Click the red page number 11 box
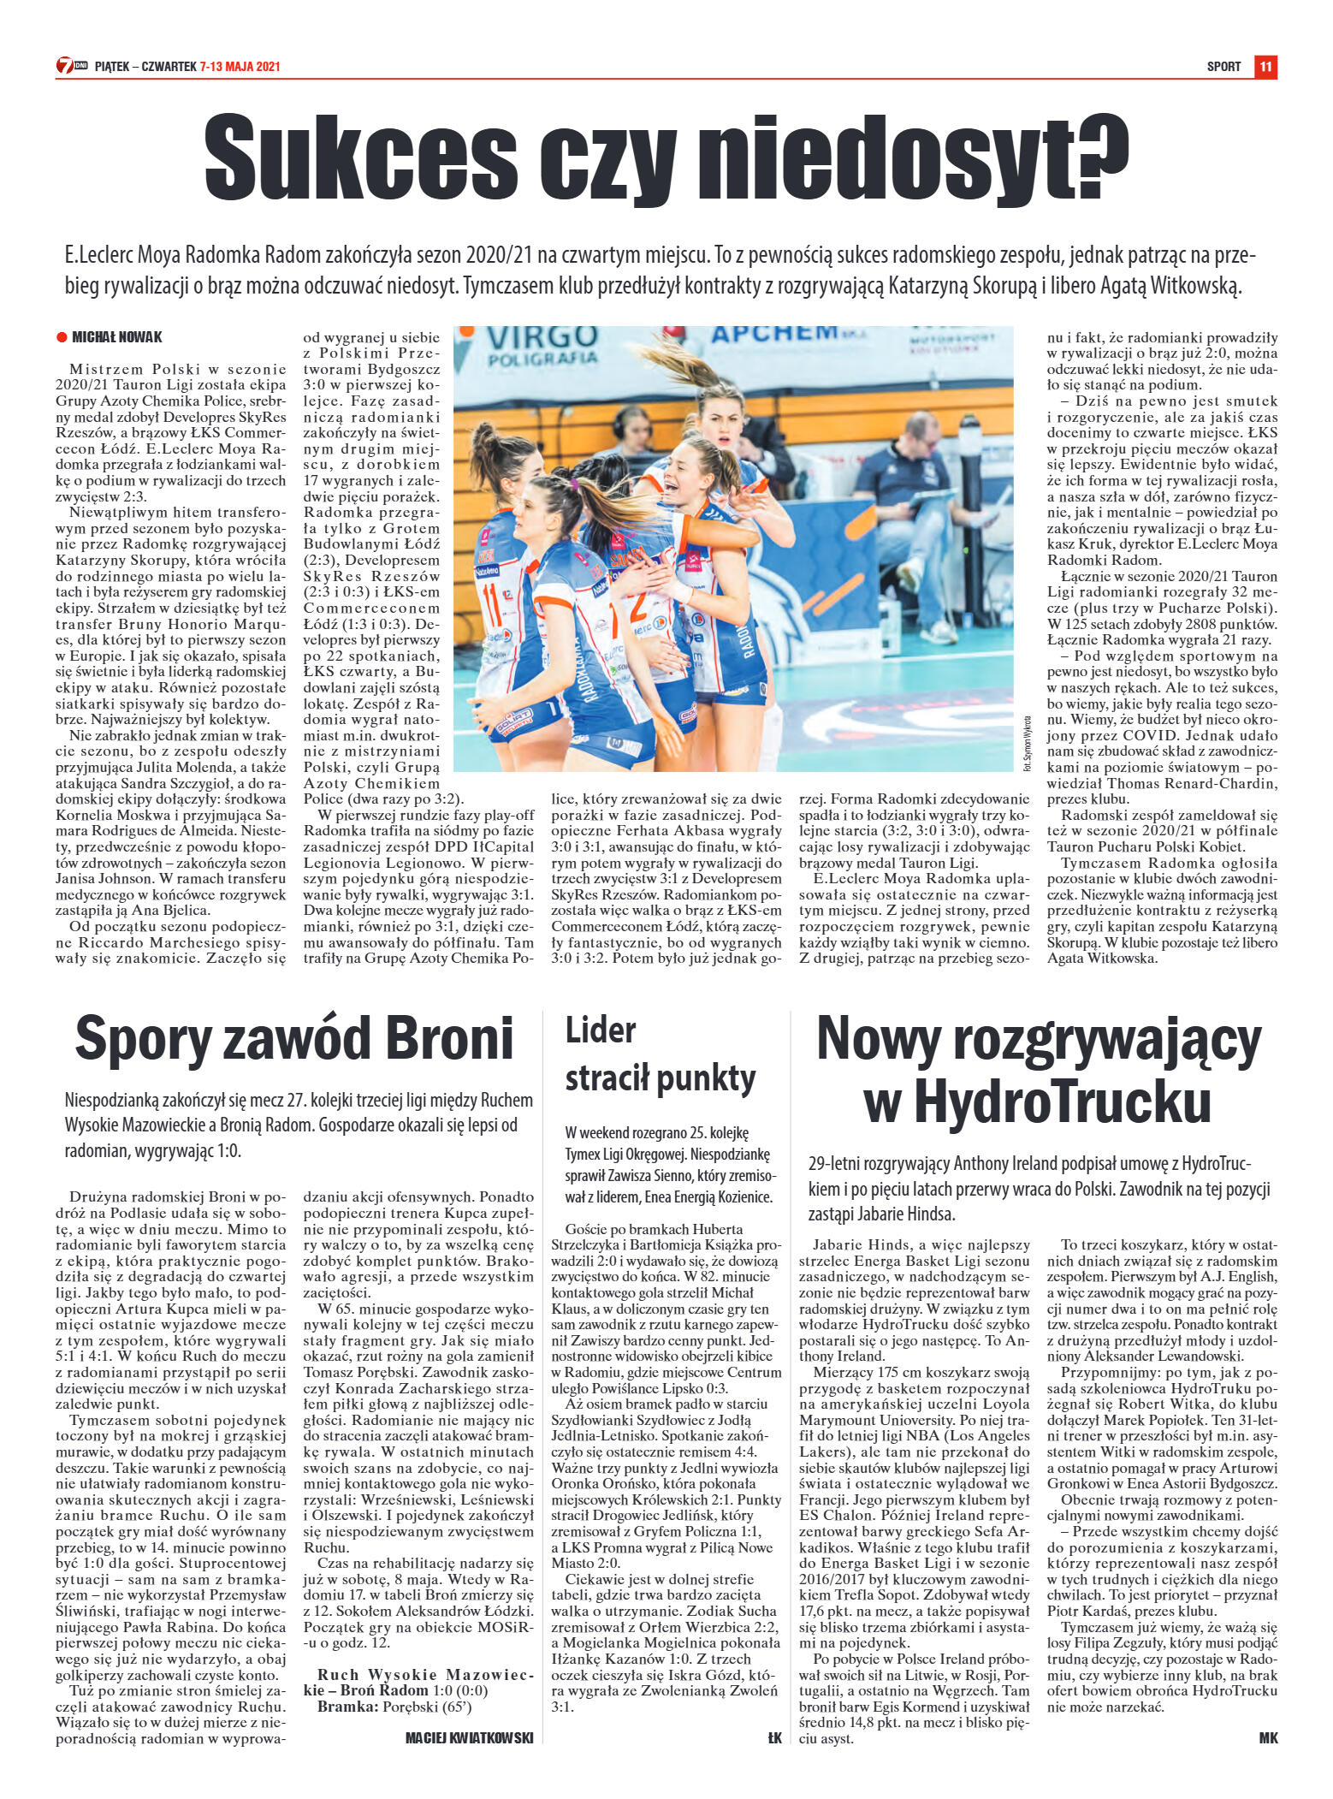pos(1265,67)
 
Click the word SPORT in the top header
pos(1223,67)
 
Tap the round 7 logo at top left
pos(64,66)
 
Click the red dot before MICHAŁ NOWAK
pos(62,337)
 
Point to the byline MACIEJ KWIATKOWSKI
pos(469,1737)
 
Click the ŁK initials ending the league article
pos(774,1737)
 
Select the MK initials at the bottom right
pos(1268,1737)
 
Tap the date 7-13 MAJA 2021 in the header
pos(240,67)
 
